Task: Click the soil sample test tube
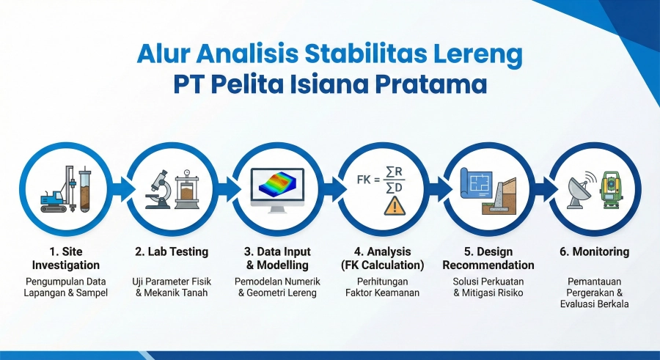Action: coord(85,188)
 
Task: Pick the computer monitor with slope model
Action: coord(277,190)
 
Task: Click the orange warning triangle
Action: coord(395,205)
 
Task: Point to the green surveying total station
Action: coord(610,190)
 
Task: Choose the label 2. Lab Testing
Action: coord(172,251)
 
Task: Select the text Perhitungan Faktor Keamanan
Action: coord(383,287)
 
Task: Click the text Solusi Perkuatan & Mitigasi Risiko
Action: coord(488,287)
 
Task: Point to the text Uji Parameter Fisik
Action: coord(172,282)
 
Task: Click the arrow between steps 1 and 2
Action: coord(119,190)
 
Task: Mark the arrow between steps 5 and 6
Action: coord(541,190)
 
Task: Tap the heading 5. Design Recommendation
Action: coord(488,258)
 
